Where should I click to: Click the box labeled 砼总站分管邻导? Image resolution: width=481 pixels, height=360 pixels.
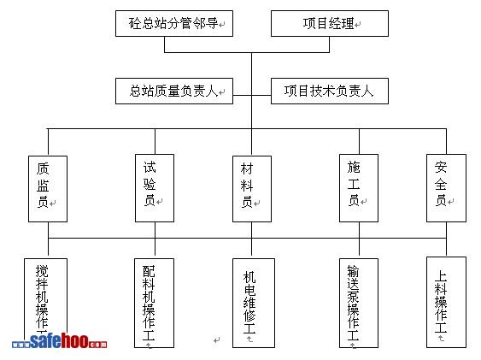click(x=174, y=24)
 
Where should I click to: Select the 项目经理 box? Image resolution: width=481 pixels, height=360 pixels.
click(x=330, y=24)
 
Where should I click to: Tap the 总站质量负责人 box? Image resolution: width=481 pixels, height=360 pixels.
click(x=174, y=91)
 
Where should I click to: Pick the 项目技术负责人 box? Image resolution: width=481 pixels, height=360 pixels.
click(x=330, y=91)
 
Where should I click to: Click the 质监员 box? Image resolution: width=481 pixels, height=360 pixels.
click(x=48, y=189)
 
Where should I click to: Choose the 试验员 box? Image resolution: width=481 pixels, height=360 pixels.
click(x=155, y=188)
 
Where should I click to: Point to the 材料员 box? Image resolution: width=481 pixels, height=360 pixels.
click(x=252, y=189)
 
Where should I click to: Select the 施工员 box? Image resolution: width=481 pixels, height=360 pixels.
click(x=359, y=188)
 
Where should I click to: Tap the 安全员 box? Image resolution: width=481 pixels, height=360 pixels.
click(x=446, y=188)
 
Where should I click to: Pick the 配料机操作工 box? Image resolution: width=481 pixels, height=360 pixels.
click(x=155, y=303)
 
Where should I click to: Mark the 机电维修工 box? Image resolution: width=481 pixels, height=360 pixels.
click(x=254, y=303)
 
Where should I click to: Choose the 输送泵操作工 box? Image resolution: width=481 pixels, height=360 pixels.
click(x=359, y=303)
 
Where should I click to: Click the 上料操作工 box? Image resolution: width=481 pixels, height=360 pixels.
click(x=446, y=303)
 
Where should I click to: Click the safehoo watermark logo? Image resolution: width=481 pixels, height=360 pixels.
click(x=60, y=341)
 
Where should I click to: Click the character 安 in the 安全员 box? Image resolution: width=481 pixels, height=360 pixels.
click(x=441, y=168)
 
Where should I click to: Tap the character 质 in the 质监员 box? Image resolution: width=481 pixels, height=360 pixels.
click(x=43, y=168)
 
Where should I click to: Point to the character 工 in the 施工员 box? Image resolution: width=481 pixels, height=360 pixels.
click(x=354, y=184)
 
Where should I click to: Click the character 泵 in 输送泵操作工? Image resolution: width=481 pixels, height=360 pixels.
click(x=353, y=297)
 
